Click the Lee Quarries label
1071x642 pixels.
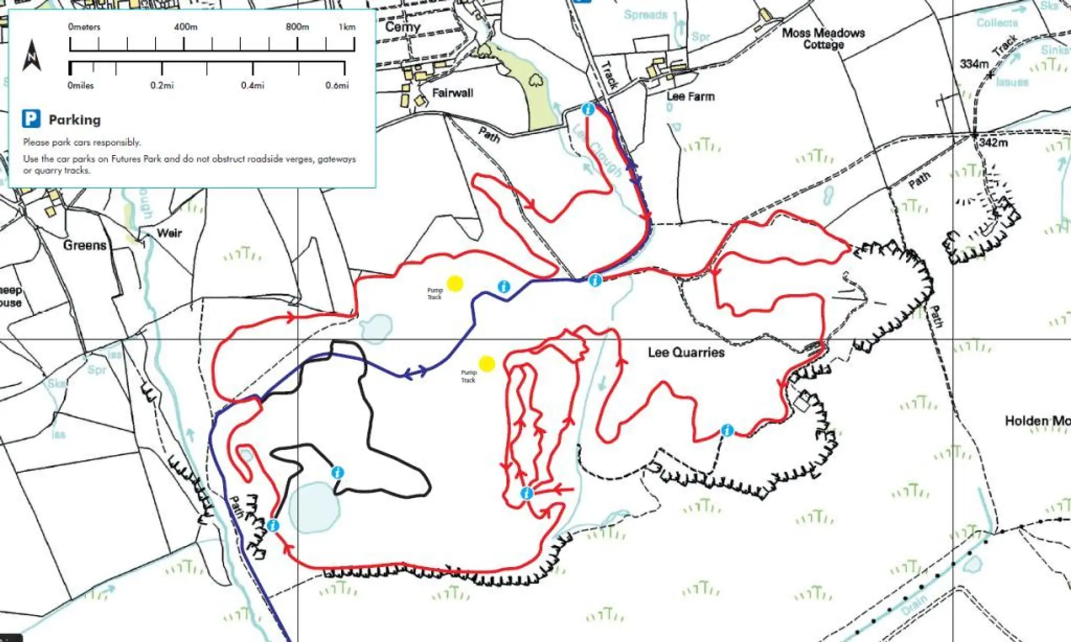click(686, 352)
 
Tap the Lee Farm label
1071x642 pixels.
click(690, 96)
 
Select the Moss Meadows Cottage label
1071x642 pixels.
click(823, 39)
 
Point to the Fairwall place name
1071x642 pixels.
click(452, 93)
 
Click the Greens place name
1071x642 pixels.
click(85, 245)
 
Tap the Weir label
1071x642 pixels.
click(169, 233)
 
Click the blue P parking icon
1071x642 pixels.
click(31, 119)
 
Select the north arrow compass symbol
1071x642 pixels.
click(32, 55)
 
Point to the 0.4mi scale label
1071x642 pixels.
click(253, 85)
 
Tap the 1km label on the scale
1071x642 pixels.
click(347, 27)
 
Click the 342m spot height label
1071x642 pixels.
click(993, 142)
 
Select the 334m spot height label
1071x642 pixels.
click(974, 64)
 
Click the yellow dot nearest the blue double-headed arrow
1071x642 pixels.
click(486, 364)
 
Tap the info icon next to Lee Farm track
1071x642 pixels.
click(588, 109)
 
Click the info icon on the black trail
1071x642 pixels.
click(338, 473)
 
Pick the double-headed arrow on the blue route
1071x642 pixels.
click(416, 373)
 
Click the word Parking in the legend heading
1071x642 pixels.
click(75, 120)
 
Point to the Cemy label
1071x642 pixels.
click(402, 27)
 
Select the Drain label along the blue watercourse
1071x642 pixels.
click(914, 605)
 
